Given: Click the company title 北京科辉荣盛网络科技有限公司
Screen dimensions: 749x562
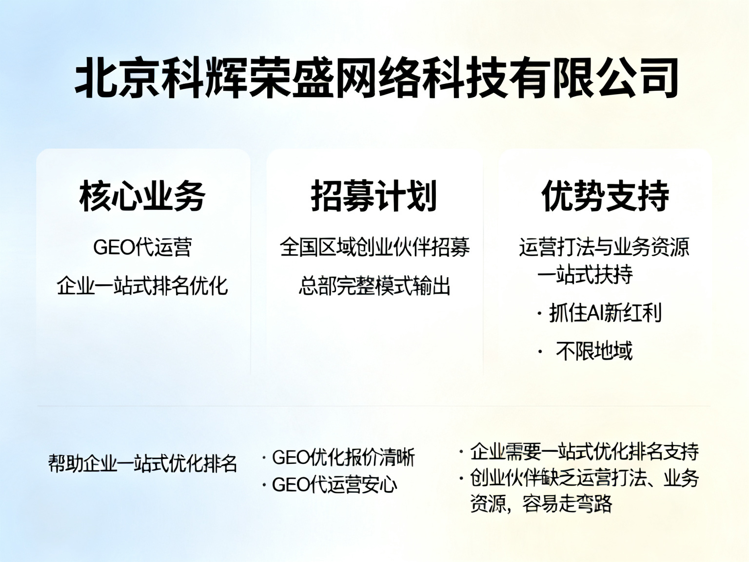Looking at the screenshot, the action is tap(376, 78).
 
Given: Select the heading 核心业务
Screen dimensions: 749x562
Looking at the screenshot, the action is tap(142, 196).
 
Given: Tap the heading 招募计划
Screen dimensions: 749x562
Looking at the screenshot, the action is tap(374, 196).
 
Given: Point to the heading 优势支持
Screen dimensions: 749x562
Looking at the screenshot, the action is tap(605, 196).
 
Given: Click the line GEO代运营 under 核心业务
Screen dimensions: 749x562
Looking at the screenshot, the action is tap(143, 247).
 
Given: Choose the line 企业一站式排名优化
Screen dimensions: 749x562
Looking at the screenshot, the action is tap(142, 285).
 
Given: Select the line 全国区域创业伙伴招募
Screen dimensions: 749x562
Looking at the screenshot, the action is tap(374, 247).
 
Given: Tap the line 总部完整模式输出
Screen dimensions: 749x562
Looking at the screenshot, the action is tap(374, 285).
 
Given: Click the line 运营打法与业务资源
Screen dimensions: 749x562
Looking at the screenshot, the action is tap(604, 247).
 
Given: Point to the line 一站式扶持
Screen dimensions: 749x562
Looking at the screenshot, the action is tap(585, 274).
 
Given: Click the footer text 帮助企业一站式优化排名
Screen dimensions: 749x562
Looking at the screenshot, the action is tap(143, 463).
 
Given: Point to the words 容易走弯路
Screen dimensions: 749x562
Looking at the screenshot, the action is tap(567, 503).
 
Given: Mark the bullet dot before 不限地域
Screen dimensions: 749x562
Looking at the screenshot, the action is tap(540, 351).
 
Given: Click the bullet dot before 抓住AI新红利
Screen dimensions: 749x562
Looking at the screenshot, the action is tap(539, 313).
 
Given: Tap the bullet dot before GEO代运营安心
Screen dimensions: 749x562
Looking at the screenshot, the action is tap(264, 485).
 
